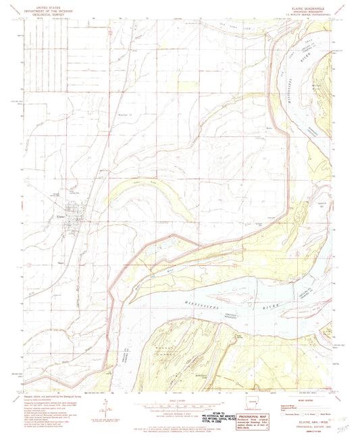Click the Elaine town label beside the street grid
pos(59,217)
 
